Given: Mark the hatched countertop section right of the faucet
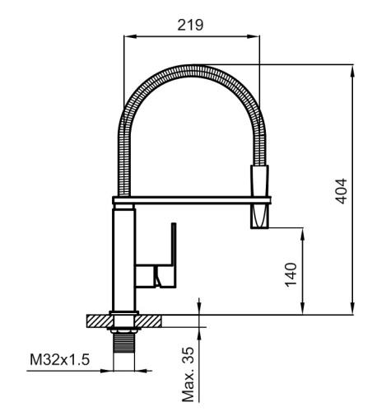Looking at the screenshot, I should click(149, 319).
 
